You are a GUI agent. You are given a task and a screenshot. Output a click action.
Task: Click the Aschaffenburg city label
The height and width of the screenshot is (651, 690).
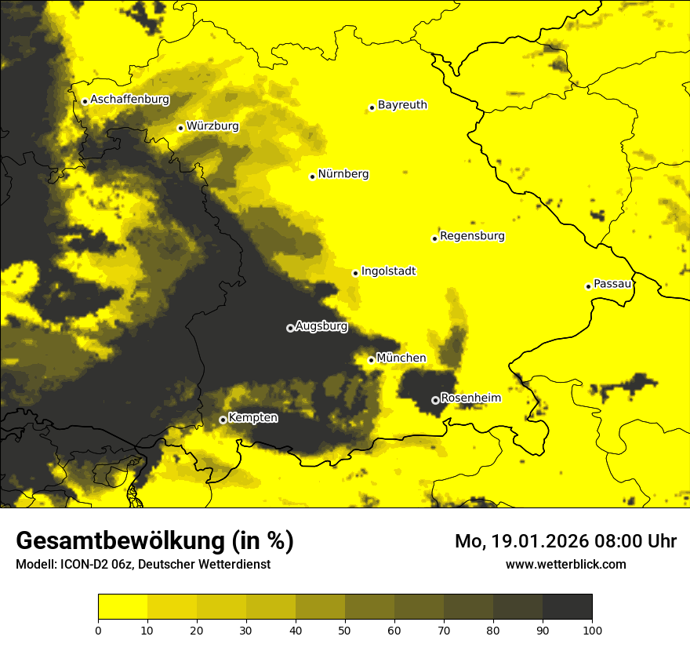[129, 100]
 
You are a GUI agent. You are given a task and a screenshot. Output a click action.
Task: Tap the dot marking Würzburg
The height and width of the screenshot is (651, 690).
[180, 128]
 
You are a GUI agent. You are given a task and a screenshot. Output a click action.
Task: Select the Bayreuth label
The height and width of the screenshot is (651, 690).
[402, 104]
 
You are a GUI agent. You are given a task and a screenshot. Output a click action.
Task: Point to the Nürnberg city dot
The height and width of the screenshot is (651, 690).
[312, 176]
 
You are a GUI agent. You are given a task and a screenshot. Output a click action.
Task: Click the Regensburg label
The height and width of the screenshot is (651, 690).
[472, 235]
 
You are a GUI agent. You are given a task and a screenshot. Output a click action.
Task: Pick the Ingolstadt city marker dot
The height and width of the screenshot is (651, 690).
[355, 273]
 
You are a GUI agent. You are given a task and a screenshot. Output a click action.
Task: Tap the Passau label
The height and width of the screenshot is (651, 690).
[612, 284]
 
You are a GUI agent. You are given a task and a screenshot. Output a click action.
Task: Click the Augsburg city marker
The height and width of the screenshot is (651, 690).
[290, 328]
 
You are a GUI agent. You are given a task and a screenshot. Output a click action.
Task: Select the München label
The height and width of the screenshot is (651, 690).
[401, 358]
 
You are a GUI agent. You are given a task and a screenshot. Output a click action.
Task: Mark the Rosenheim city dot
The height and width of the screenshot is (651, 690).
[436, 400]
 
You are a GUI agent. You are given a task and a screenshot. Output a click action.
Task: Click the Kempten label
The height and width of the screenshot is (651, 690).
[252, 417]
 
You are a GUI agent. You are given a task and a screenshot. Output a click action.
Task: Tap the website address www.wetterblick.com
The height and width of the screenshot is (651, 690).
[566, 564]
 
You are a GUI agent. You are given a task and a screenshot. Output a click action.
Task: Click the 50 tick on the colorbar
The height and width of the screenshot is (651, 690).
[345, 629]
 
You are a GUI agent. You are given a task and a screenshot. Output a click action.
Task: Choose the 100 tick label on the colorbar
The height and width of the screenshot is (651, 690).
[592, 629]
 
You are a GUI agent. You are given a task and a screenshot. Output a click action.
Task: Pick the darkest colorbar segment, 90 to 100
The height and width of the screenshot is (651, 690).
[567, 607]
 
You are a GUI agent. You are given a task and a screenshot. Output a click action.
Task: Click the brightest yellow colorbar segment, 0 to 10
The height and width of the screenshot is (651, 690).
[122, 607]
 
